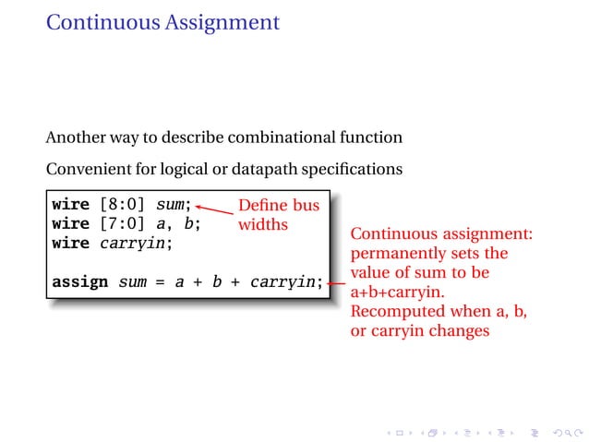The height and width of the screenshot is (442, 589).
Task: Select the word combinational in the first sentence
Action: (x=274, y=137)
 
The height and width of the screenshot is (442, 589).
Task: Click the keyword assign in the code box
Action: (x=80, y=281)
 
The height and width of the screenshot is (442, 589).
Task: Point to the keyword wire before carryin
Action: (x=71, y=244)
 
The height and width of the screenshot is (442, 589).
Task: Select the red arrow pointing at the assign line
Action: (x=337, y=283)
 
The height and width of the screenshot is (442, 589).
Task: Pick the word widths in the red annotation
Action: (x=263, y=224)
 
